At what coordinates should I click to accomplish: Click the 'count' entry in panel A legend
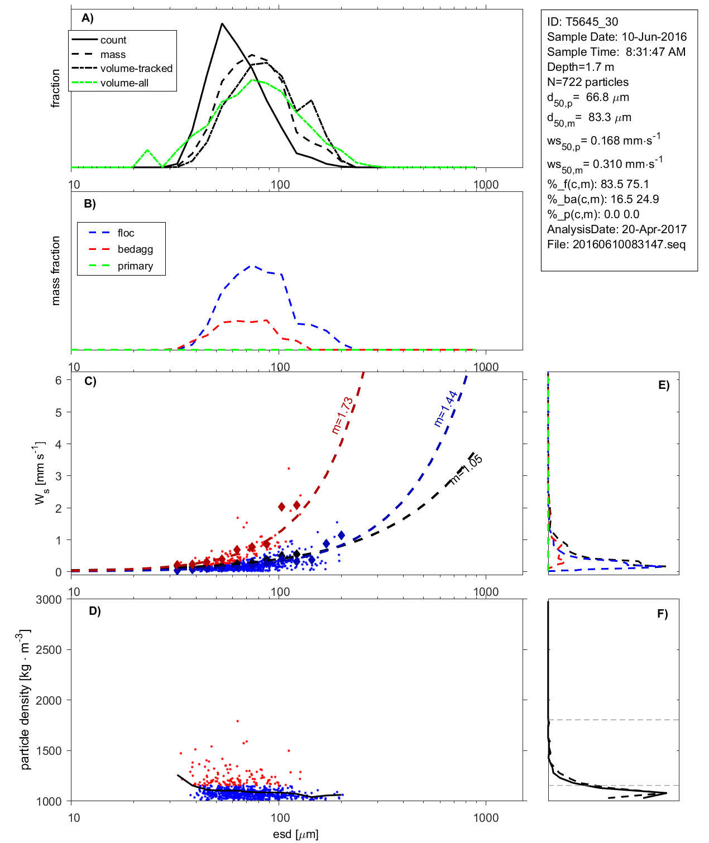point(113,40)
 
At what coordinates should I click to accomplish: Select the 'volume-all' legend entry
point(124,83)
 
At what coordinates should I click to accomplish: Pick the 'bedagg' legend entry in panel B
point(135,249)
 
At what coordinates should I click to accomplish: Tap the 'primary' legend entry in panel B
point(135,266)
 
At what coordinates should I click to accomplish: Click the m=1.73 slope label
point(342,415)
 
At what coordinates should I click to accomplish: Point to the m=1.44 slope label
point(445,408)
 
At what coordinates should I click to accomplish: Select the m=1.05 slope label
point(466,470)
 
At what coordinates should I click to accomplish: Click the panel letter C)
point(90,382)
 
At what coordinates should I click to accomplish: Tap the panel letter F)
point(662,614)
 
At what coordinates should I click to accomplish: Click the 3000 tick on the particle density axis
point(49,600)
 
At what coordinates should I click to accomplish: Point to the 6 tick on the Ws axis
point(58,380)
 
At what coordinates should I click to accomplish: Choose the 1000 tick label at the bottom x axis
point(486,818)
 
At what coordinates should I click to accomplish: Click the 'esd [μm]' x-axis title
point(295,835)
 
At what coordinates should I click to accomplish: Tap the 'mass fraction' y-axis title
point(55,271)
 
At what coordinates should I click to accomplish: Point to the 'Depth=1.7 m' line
point(580,67)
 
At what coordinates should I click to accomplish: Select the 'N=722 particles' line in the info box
point(587,82)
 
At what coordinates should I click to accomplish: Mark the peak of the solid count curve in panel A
point(222,23)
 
